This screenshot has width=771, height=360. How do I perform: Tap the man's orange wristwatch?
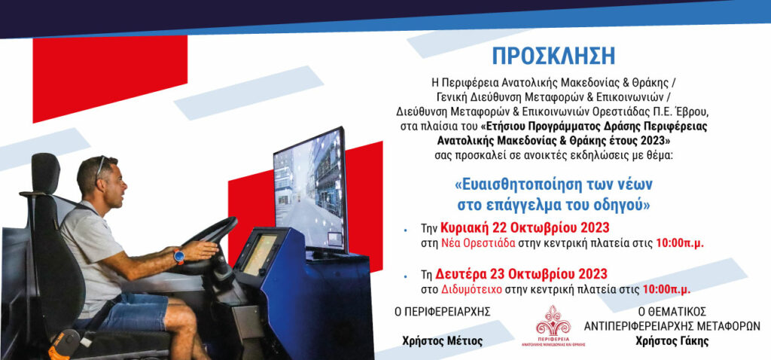click(179, 256)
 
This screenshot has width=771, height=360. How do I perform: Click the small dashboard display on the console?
click(260, 253)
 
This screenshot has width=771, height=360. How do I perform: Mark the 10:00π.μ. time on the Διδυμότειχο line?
click(666, 290)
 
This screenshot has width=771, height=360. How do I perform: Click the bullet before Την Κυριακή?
click(405, 229)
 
